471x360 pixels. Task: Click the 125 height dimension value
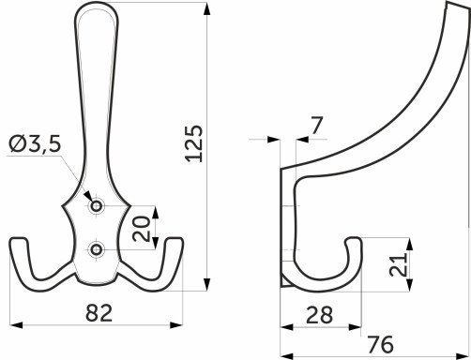point(194,142)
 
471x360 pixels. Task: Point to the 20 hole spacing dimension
point(141,228)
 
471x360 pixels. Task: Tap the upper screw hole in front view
point(95,205)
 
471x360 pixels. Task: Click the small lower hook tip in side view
point(355,242)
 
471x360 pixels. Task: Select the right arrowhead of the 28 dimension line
point(360,327)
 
